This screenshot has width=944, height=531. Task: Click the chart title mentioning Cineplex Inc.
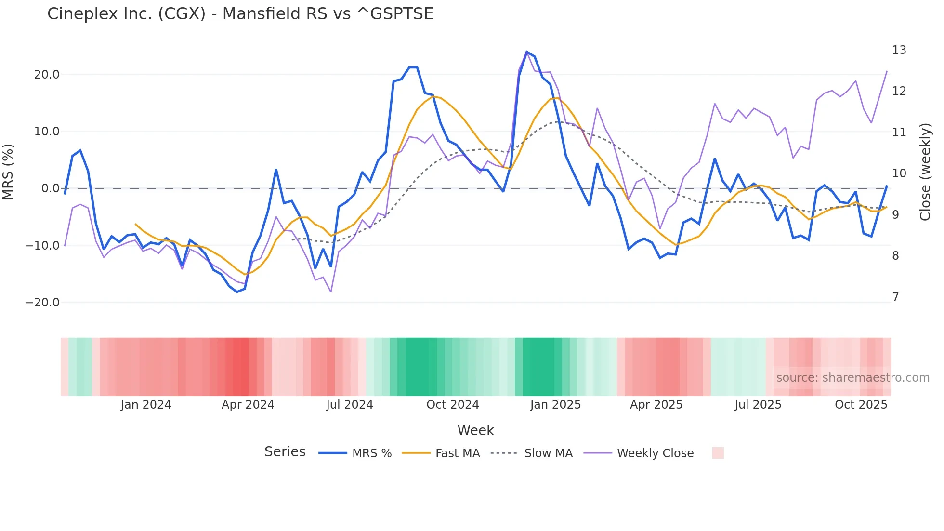pyautogui.click(x=240, y=14)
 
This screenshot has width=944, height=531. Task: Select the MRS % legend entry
pyautogui.click(x=371, y=453)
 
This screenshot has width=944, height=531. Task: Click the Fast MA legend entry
pyautogui.click(x=457, y=453)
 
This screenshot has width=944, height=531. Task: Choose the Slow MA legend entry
pyautogui.click(x=548, y=453)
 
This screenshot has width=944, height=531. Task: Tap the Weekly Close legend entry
pyautogui.click(x=655, y=453)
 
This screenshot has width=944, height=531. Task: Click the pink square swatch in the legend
pyautogui.click(x=718, y=453)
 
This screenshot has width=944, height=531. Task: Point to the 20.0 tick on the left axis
pyautogui.click(x=47, y=75)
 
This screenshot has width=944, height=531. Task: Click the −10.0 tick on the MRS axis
pyautogui.click(x=42, y=245)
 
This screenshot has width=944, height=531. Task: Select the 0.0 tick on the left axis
pyautogui.click(x=50, y=188)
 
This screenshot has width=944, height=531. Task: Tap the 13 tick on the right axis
pyautogui.click(x=899, y=50)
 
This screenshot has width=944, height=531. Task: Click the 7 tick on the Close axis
pyautogui.click(x=895, y=297)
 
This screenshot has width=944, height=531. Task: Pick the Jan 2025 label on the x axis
pyautogui.click(x=555, y=405)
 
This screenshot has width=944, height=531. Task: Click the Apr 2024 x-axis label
pyautogui.click(x=248, y=405)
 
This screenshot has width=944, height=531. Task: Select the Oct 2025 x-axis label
pyautogui.click(x=861, y=405)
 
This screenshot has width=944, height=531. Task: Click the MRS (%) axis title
pyautogui.click(x=8, y=172)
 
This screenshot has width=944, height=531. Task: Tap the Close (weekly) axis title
pyautogui.click(x=925, y=172)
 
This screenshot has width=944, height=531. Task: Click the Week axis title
pyautogui.click(x=475, y=430)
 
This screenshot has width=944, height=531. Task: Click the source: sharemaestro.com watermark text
pyautogui.click(x=852, y=378)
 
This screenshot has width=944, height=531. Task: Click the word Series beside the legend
pyautogui.click(x=285, y=452)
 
